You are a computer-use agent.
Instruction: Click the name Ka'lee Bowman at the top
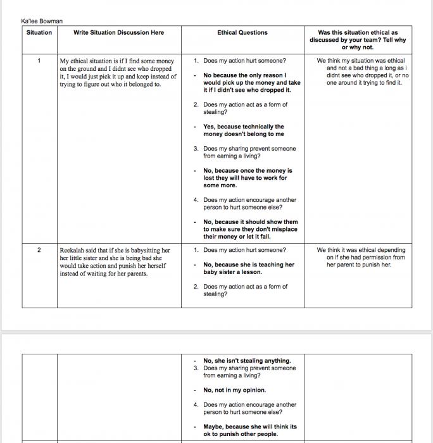[42, 22]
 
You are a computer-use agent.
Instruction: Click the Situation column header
[39, 33]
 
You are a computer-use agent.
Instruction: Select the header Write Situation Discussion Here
[118, 33]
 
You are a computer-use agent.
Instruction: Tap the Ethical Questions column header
[242, 33]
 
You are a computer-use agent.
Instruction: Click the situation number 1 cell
[39, 61]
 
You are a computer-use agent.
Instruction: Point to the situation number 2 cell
[39, 250]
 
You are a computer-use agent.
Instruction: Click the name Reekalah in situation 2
[73, 251]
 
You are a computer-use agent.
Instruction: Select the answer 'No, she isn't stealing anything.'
[247, 361]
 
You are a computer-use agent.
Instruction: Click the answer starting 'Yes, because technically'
[244, 127]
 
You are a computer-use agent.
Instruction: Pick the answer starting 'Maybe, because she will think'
[250, 427]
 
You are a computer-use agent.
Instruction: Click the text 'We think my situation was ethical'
[361, 61]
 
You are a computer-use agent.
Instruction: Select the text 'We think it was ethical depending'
[361, 250]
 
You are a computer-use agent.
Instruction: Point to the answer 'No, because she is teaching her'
[249, 265]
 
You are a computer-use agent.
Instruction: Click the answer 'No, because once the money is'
[248, 171]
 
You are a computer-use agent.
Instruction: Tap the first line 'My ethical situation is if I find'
[116, 61]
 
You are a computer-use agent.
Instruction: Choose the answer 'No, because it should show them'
[251, 222]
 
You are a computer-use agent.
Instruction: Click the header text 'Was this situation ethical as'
[358, 33]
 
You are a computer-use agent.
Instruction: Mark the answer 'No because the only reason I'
[245, 75]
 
